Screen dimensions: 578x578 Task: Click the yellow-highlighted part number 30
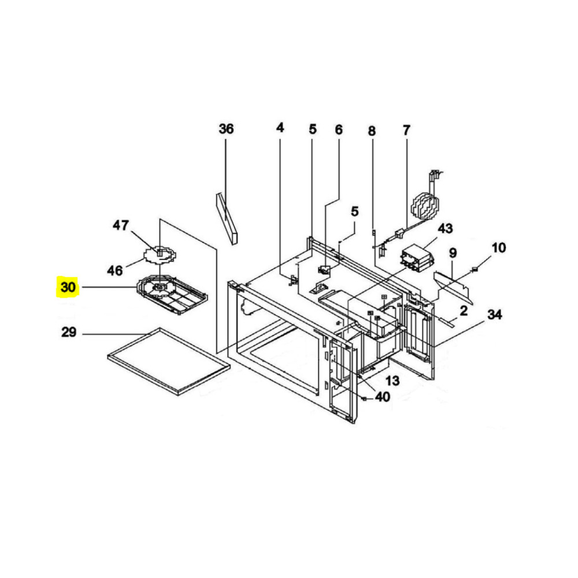click(68, 287)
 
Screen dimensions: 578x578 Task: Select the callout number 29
click(69, 332)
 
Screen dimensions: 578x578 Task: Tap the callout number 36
click(226, 129)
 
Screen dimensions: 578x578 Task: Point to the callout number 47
click(121, 225)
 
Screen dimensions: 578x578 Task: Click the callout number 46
click(114, 271)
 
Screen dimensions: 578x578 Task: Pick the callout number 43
click(445, 228)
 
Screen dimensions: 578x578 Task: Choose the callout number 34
click(494, 314)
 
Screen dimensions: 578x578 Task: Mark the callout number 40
click(382, 397)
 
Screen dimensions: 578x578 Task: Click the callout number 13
click(393, 380)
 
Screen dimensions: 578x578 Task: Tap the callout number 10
click(498, 248)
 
